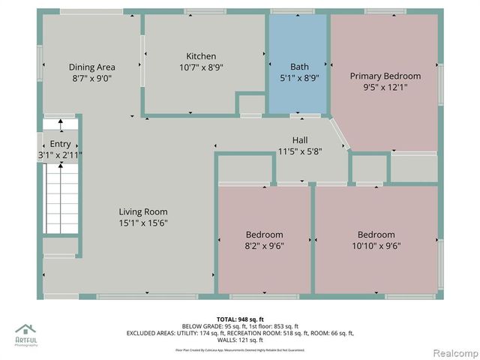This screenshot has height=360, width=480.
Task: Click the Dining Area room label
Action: click(x=91, y=67)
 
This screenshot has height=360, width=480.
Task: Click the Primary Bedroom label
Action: click(x=385, y=76)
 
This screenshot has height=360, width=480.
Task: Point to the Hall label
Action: click(x=300, y=140)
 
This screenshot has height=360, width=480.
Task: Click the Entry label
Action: click(x=60, y=144)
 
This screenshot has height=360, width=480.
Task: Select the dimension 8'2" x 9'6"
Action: click(x=265, y=244)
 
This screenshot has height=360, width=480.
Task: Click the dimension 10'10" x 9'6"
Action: click(x=376, y=244)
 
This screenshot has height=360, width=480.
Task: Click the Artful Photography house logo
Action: click(x=25, y=329)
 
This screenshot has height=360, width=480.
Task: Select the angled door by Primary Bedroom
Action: click(x=339, y=135)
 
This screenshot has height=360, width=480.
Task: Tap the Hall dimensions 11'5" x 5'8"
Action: click(x=300, y=151)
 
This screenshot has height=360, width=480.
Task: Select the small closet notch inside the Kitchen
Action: click(x=251, y=104)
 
